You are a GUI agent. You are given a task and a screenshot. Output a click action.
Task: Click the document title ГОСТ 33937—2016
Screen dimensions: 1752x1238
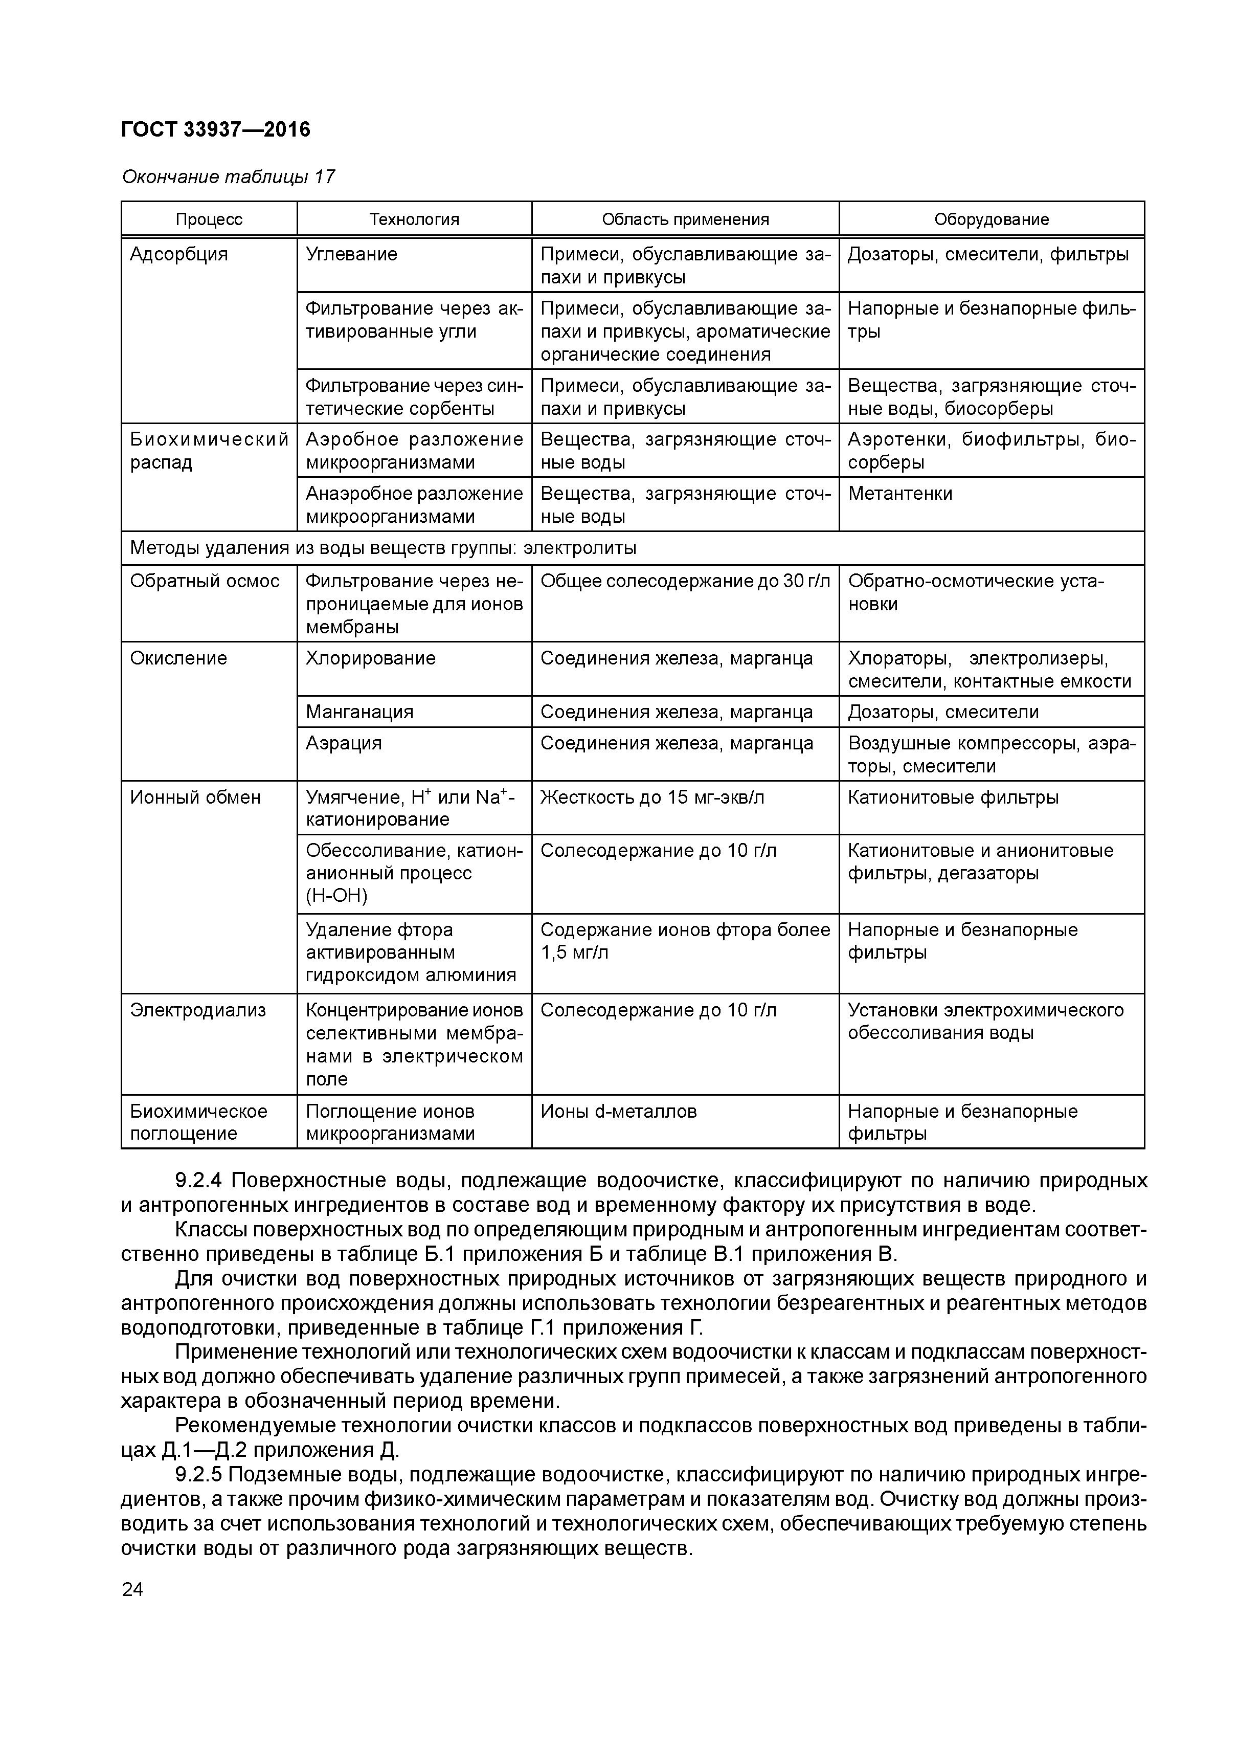(216, 130)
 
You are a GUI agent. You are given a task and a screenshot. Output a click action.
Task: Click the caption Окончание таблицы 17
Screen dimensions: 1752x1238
(228, 177)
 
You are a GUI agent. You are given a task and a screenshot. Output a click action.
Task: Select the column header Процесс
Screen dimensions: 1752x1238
(209, 220)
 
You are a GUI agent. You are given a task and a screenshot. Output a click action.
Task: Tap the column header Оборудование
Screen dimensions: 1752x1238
(991, 220)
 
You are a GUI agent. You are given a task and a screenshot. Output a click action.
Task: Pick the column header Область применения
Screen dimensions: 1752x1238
(685, 220)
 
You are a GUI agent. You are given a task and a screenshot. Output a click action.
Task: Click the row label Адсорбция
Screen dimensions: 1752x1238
(178, 254)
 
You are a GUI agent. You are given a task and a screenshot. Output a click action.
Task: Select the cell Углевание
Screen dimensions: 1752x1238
(351, 254)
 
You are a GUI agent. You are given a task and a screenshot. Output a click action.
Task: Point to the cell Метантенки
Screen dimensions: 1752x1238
(900, 494)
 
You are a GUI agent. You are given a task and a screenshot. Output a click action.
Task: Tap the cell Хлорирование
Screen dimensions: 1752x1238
(371, 658)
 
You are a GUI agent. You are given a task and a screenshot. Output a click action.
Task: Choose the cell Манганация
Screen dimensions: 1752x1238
(359, 712)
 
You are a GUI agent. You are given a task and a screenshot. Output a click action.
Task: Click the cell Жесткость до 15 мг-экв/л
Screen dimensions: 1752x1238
(652, 797)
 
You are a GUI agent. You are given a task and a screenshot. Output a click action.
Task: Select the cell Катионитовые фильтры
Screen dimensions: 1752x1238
(953, 797)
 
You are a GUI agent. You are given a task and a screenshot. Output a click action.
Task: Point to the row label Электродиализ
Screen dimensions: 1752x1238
(197, 1010)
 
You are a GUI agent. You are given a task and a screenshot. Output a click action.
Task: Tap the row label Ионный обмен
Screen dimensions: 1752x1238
(195, 797)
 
